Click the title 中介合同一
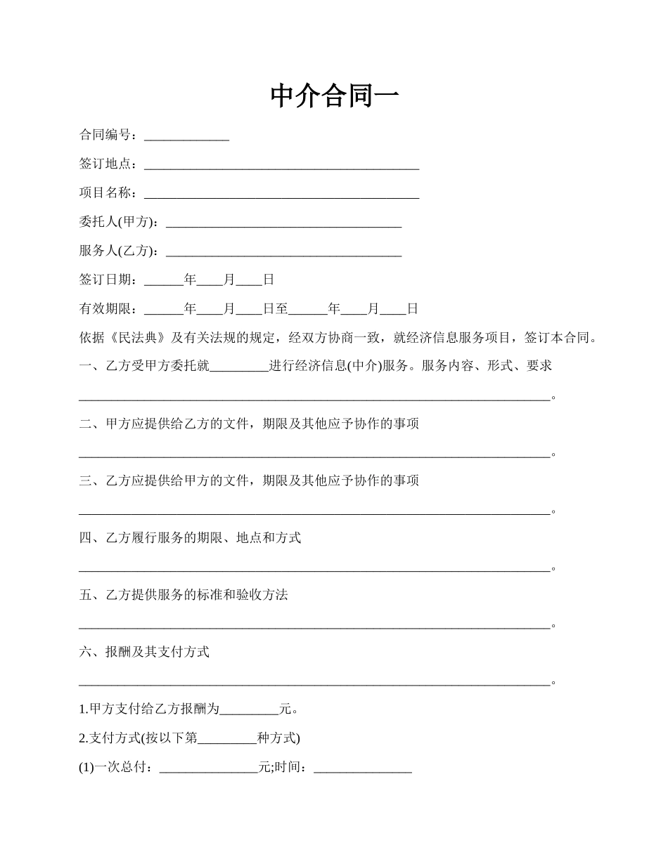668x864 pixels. tap(334, 96)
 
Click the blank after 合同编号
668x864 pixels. tap(186, 135)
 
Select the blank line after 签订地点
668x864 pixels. tap(281, 164)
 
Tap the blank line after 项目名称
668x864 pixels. tap(281, 193)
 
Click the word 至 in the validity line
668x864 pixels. tap(281, 308)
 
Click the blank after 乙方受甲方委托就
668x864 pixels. tap(239, 366)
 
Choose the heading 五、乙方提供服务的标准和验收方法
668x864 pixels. tap(184, 595)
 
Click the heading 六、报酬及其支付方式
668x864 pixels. tap(144, 652)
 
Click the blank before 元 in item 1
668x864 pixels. tap(250, 709)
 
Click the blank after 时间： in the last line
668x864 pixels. tap(362, 767)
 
